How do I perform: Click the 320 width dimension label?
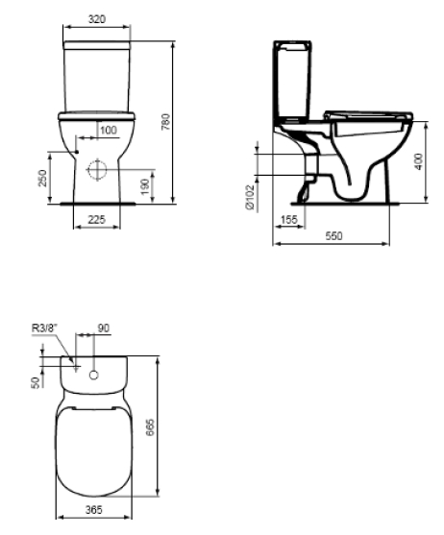tap(97, 19)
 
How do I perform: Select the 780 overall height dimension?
tap(166, 122)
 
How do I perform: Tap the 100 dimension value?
tap(109, 130)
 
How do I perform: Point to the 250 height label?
tap(42, 178)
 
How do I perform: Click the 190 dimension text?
tap(145, 186)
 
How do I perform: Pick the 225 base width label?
tap(96, 219)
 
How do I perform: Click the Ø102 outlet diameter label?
tap(250, 197)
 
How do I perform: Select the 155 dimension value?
tap(289, 219)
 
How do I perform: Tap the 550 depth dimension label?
tap(333, 235)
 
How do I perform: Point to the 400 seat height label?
tap(418, 161)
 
